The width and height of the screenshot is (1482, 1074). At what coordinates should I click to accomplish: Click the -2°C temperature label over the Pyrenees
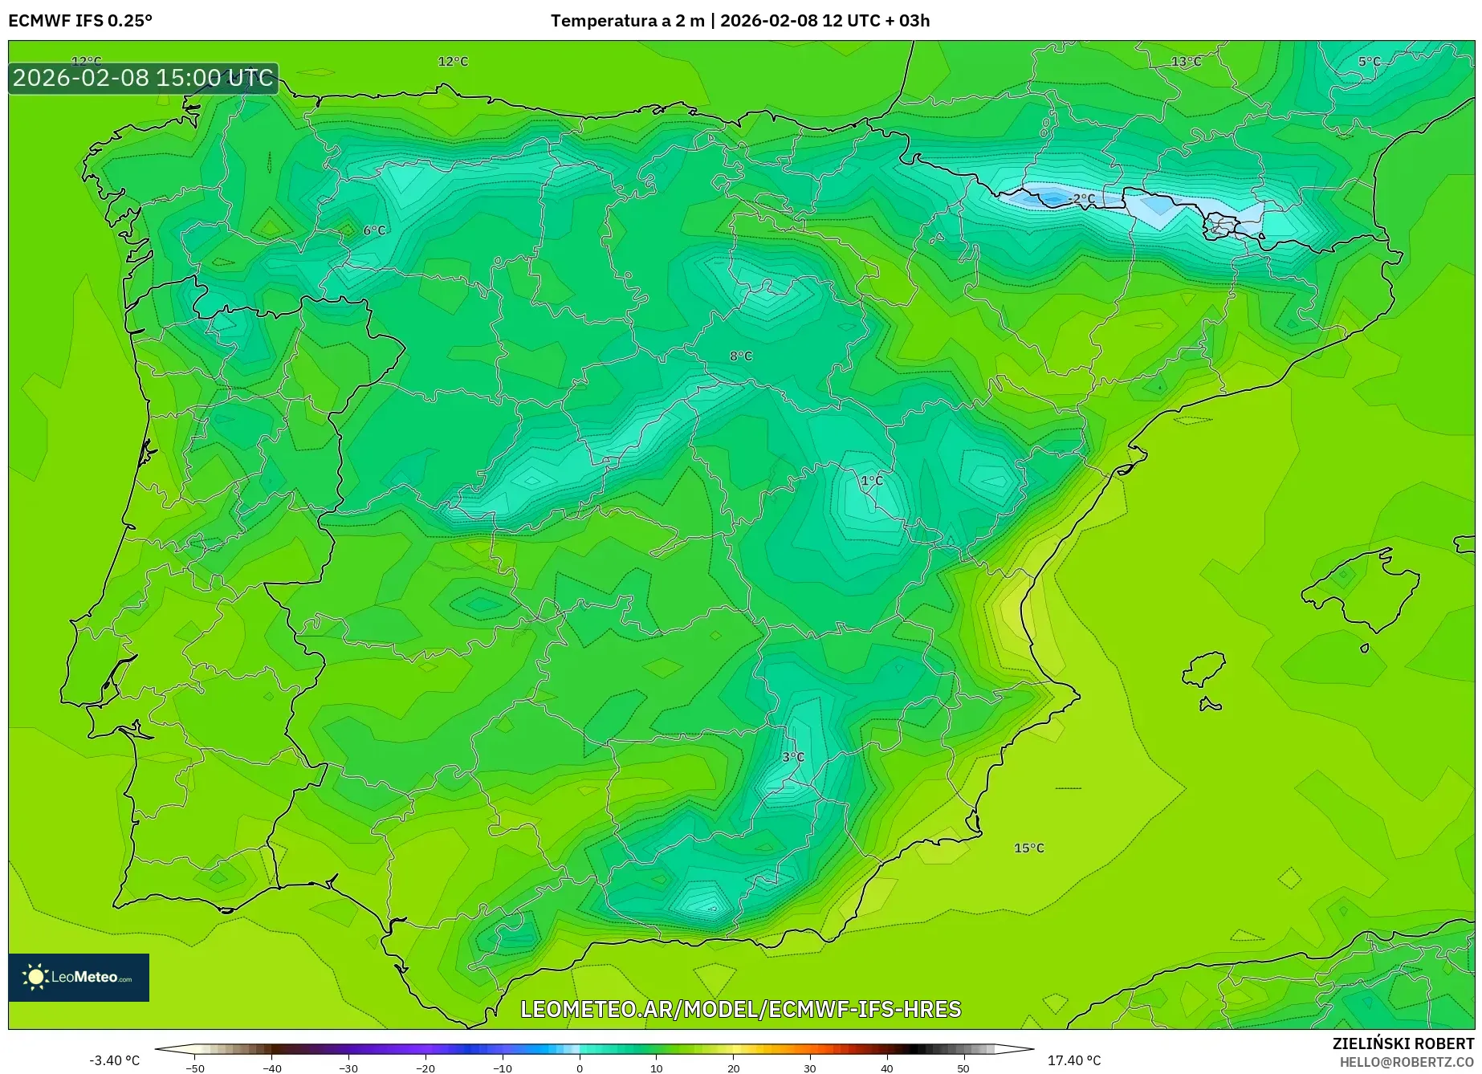[x=1081, y=198]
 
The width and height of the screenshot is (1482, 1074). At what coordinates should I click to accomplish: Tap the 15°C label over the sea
[x=1028, y=848]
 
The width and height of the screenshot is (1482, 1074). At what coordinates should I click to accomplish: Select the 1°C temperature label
[x=871, y=481]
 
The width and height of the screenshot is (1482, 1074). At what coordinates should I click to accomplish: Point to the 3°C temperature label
[x=792, y=757]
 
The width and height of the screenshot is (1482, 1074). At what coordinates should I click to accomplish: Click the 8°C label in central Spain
[x=740, y=356]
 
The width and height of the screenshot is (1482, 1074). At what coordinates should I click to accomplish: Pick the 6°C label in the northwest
[x=374, y=230]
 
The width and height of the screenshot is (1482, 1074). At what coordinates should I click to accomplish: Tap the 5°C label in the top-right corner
[x=1369, y=62]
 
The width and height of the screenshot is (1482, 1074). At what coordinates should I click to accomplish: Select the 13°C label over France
[x=1186, y=62]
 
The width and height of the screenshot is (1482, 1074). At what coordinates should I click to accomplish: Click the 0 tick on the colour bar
[x=580, y=1068]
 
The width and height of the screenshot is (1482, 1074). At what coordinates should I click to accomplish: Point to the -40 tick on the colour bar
[x=272, y=1068]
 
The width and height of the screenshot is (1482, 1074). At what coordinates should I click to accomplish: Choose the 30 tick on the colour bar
[x=809, y=1068]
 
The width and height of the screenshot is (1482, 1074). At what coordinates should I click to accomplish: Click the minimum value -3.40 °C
[x=114, y=1060]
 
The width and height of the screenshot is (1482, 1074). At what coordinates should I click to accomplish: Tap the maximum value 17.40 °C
[x=1074, y=1060]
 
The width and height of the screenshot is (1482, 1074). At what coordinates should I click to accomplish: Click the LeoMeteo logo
[x=79, y=977]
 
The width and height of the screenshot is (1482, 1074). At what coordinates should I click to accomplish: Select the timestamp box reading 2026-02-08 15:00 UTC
[x=143, y=78]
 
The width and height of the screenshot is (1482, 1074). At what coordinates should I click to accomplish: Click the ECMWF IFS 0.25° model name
[x=80, y=21]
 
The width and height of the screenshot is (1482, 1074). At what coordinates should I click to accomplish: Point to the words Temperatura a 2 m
[x=627, y=21]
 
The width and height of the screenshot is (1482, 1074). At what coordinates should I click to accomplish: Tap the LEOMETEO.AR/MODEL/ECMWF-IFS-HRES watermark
[x=740, y=1009]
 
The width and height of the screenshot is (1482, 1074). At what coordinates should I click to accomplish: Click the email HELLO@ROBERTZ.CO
[x=1407, y=1062]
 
